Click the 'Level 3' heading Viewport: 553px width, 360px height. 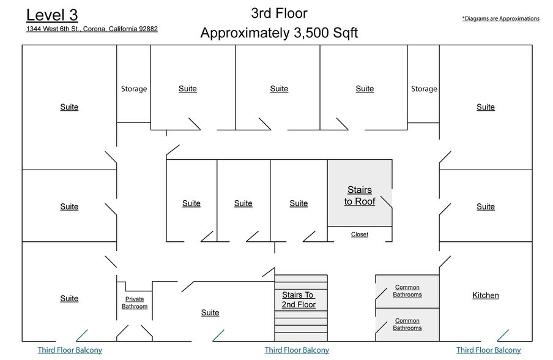[x=52, y=15]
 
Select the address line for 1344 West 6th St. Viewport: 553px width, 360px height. [x=92, y=29]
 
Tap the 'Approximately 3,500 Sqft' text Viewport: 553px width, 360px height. [x=279, y=33]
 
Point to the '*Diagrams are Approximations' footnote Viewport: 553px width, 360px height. [x=500, y=18]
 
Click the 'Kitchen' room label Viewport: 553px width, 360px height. [x=486, y=295]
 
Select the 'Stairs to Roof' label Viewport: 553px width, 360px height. [x=360, y=196]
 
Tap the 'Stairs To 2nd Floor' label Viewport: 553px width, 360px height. [x=299, y=300]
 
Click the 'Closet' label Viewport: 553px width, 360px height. [x=360, y=234]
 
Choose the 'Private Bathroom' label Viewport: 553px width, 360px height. [x=135, y=302]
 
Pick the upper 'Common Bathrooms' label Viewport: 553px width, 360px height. [x=407, y=291]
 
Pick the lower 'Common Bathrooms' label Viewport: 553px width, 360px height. [x=407, y=324]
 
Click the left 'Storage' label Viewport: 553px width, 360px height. [x=134, y=89]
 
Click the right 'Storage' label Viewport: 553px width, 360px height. [x=424, y=89]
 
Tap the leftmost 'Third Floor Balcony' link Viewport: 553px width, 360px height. [x=70, y=350]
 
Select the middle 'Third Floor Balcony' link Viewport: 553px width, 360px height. [x=297, y=350]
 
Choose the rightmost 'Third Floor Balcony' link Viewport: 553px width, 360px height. [x=489, y=350]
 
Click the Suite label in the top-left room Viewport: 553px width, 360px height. [x=69, y=107]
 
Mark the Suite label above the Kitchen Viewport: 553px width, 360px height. [x=486, y=206]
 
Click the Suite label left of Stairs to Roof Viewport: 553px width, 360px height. [x=299, y=203]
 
